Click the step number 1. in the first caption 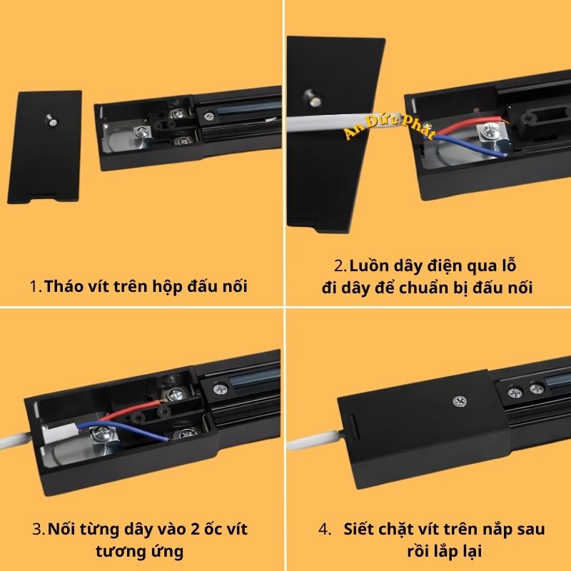point(36,287)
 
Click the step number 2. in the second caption point(340,266)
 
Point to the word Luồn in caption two point(371,266)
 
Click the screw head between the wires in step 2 point(491,131)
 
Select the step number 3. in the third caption point(39,530)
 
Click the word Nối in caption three point(63,530)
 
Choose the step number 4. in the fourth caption point(325,530)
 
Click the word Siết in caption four point(360,530)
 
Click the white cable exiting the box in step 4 point(314,441)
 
